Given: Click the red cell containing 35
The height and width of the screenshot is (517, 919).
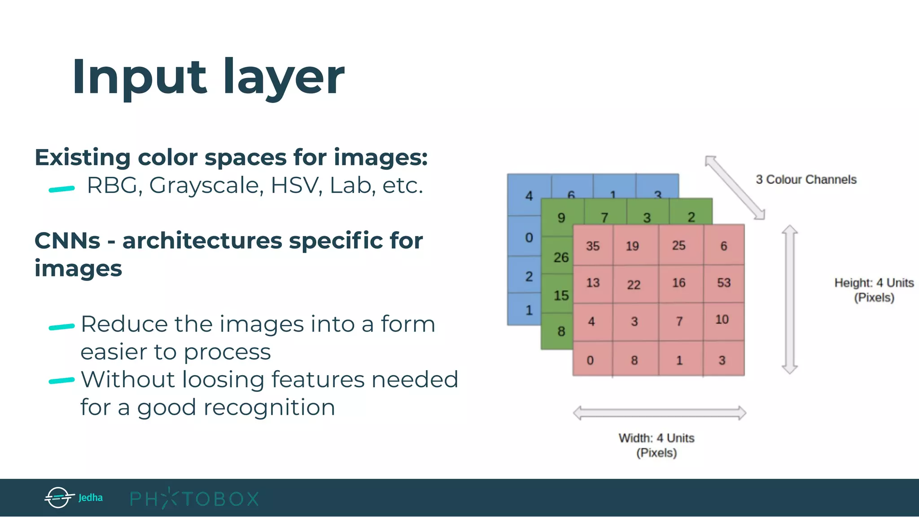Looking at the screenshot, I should coord(593,245).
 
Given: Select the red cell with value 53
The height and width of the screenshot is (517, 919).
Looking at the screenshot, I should coord(724,283).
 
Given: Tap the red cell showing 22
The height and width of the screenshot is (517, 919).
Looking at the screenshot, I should coord(634,284).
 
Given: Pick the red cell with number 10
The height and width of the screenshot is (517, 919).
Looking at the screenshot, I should coord(722,320).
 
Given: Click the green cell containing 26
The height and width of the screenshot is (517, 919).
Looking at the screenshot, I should coord(560,257).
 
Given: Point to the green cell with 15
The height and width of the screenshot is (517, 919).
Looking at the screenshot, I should coord(560,295).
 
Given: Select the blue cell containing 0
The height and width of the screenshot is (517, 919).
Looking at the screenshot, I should coord(529,237).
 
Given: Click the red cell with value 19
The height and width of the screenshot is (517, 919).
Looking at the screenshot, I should coord(632,245).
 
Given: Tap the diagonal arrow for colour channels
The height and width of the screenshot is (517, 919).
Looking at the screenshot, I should coord(735,188).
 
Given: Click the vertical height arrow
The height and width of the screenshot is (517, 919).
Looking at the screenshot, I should coord(789,299).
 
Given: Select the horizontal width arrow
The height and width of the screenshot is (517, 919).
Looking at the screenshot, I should coord(659,413).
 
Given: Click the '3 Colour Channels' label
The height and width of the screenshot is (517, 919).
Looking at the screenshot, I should coord(806,180).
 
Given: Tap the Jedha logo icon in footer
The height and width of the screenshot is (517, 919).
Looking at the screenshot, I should coord(59,497).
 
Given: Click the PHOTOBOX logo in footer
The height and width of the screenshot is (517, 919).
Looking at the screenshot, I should coord(194,499).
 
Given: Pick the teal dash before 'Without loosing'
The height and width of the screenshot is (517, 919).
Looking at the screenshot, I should coord(61,381).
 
